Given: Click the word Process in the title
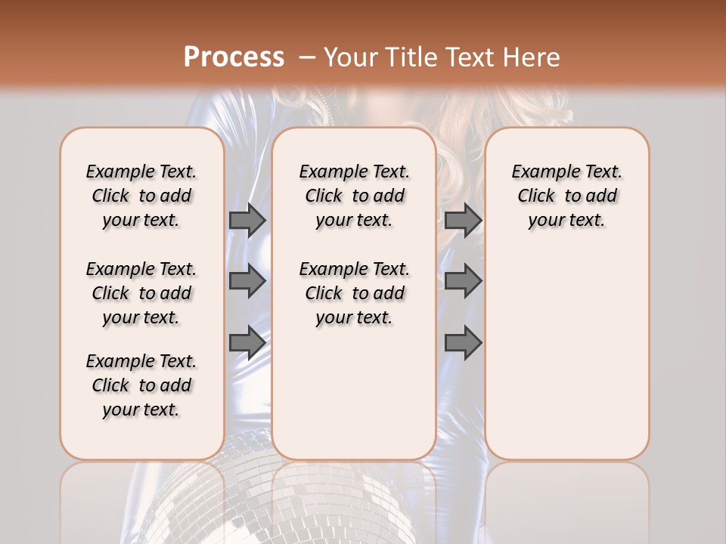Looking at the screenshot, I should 234,57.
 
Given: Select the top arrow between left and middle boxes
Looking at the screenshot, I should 247,220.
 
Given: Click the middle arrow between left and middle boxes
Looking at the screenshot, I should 247,281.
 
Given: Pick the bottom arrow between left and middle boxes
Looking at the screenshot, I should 247,343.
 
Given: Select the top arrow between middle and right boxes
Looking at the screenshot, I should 463,220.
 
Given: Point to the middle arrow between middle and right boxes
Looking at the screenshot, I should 463,281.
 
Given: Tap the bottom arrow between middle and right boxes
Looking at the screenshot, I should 463,343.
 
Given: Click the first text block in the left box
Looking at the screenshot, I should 141,196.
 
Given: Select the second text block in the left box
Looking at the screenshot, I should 141,293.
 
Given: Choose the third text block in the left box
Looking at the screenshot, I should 141,385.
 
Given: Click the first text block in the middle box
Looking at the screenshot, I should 354,196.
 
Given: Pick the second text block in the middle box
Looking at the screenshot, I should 354,293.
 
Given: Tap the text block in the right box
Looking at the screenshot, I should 566,196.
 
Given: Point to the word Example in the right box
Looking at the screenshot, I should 539,172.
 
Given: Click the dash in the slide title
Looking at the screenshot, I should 307,57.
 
